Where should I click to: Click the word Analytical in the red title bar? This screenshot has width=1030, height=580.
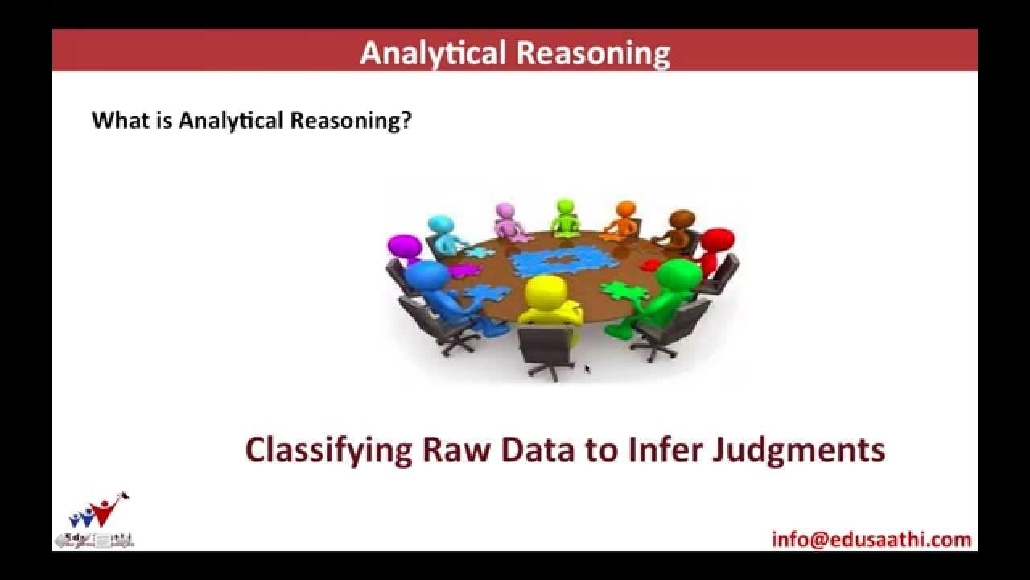coord(432,53)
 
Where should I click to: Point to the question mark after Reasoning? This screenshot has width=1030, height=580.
coord(406,121)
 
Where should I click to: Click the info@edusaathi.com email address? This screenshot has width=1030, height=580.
coord(871,539)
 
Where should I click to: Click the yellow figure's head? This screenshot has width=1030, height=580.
coord(545,291)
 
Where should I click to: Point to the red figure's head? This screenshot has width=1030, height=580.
coord(717,239)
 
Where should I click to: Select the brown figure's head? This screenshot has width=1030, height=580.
coord(682,218)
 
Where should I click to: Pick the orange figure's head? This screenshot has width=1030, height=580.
coord(624,209)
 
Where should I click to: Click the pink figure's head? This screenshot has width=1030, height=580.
coord(505,211)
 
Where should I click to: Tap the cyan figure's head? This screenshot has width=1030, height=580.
coord(440,224)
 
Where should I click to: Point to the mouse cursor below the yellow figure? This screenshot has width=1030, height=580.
coord(587,368)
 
